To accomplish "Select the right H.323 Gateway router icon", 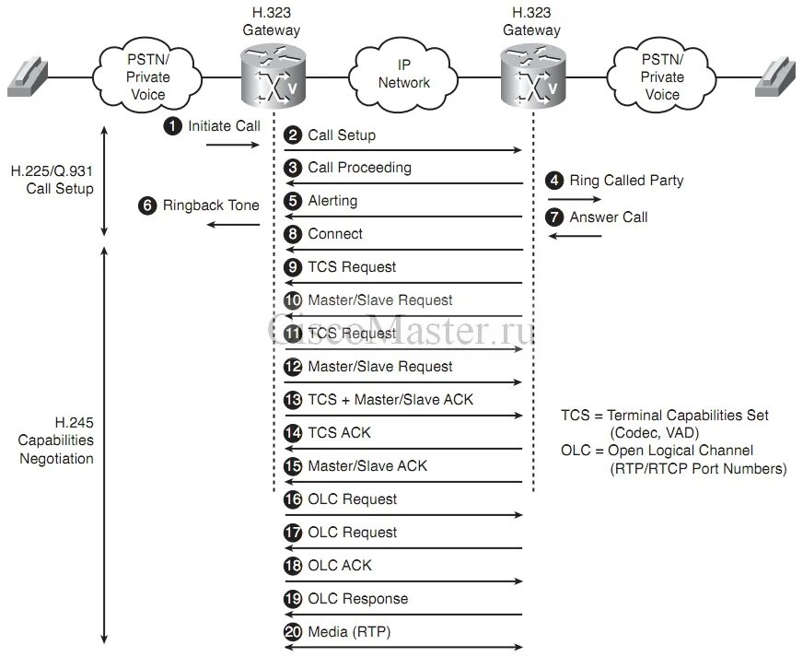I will click(x=530, y=76).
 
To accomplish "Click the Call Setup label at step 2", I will click(x=342, y=135).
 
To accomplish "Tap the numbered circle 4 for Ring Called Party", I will click(x=554, y=181).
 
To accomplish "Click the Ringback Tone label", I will click(x=211, y=205).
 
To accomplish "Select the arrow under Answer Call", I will click(x=576, y=236).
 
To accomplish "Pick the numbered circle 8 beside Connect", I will click(x=294, y=234).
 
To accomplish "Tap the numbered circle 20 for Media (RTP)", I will click(x=294, y=632).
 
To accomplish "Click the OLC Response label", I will click(x=358, y=599).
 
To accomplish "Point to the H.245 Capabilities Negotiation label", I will click(x=57, y=440).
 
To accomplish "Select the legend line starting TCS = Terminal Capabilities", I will click(x=664, y=416).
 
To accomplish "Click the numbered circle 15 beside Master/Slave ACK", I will click(x=294, y=466).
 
